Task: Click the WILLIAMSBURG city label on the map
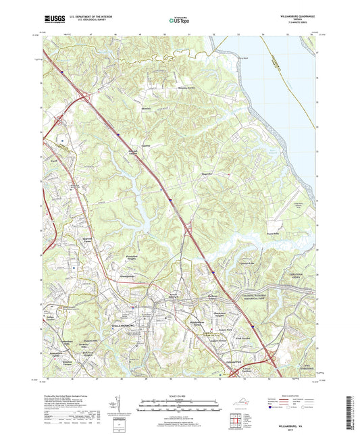[x=123, y=327]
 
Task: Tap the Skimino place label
[x=145, y=107]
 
